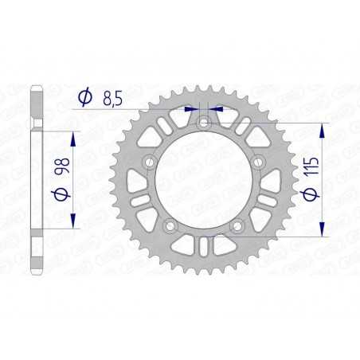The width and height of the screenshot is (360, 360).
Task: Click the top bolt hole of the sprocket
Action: [204, 123]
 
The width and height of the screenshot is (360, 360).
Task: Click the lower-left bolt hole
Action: [169, 229]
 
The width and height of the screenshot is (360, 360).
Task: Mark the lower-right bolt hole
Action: [239, 229]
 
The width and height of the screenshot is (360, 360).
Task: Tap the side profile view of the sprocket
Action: [34, 180]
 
